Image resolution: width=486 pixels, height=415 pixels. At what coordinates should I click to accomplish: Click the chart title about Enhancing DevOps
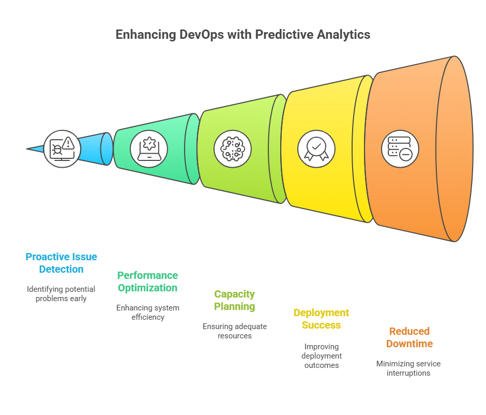pyautogui.click(x=242, y=35)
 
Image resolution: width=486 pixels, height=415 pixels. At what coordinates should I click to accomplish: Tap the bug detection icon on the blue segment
pyautogui.click(x=62, y=149)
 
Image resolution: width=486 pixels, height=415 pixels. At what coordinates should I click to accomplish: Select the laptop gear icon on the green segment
pyautogui.click(x=149, y=149)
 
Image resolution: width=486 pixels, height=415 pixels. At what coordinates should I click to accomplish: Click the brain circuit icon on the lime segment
pyautogui.click(x=233, y=149)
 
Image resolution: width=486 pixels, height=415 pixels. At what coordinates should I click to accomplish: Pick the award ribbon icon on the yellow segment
pyautogui.click(x=316, y=149)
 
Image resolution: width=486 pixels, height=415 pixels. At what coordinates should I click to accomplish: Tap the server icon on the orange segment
pyautogui.click(x=400, y=149)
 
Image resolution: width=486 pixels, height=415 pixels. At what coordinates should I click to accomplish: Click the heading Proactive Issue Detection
pyautogui.click(x=61, y=263)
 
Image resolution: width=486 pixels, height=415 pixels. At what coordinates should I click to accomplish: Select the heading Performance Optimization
pyautogui.click(x=147, y=281)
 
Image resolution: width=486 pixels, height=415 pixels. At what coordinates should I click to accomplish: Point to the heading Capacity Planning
pyautogui.click(x=235, y=300)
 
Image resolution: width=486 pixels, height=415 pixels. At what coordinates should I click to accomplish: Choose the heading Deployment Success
pyautogui.click(x=321, y=319)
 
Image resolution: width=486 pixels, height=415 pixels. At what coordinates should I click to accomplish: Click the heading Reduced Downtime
pyautogui.click(x=409, y=337)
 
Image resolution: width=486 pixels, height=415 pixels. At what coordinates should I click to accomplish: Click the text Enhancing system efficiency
pyautogui.click(x=147, y=312)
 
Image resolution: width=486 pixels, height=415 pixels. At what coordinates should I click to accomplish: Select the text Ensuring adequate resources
pyautogui.click(x=235, y=331)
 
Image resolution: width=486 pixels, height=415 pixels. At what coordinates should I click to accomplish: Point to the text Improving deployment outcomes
pyautogui.click(x=321, y=355)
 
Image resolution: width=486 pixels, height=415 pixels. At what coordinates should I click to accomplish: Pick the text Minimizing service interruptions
pyautogui.click(x=408, y=368)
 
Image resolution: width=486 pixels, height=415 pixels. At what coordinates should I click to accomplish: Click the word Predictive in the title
pyautogui.click(x=289, y=35)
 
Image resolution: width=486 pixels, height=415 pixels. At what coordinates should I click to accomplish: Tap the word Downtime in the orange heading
pyautogui.click(x=409, y=344)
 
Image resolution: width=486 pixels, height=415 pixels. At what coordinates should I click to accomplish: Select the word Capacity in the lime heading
pyautogui.click(x=235, y=294)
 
